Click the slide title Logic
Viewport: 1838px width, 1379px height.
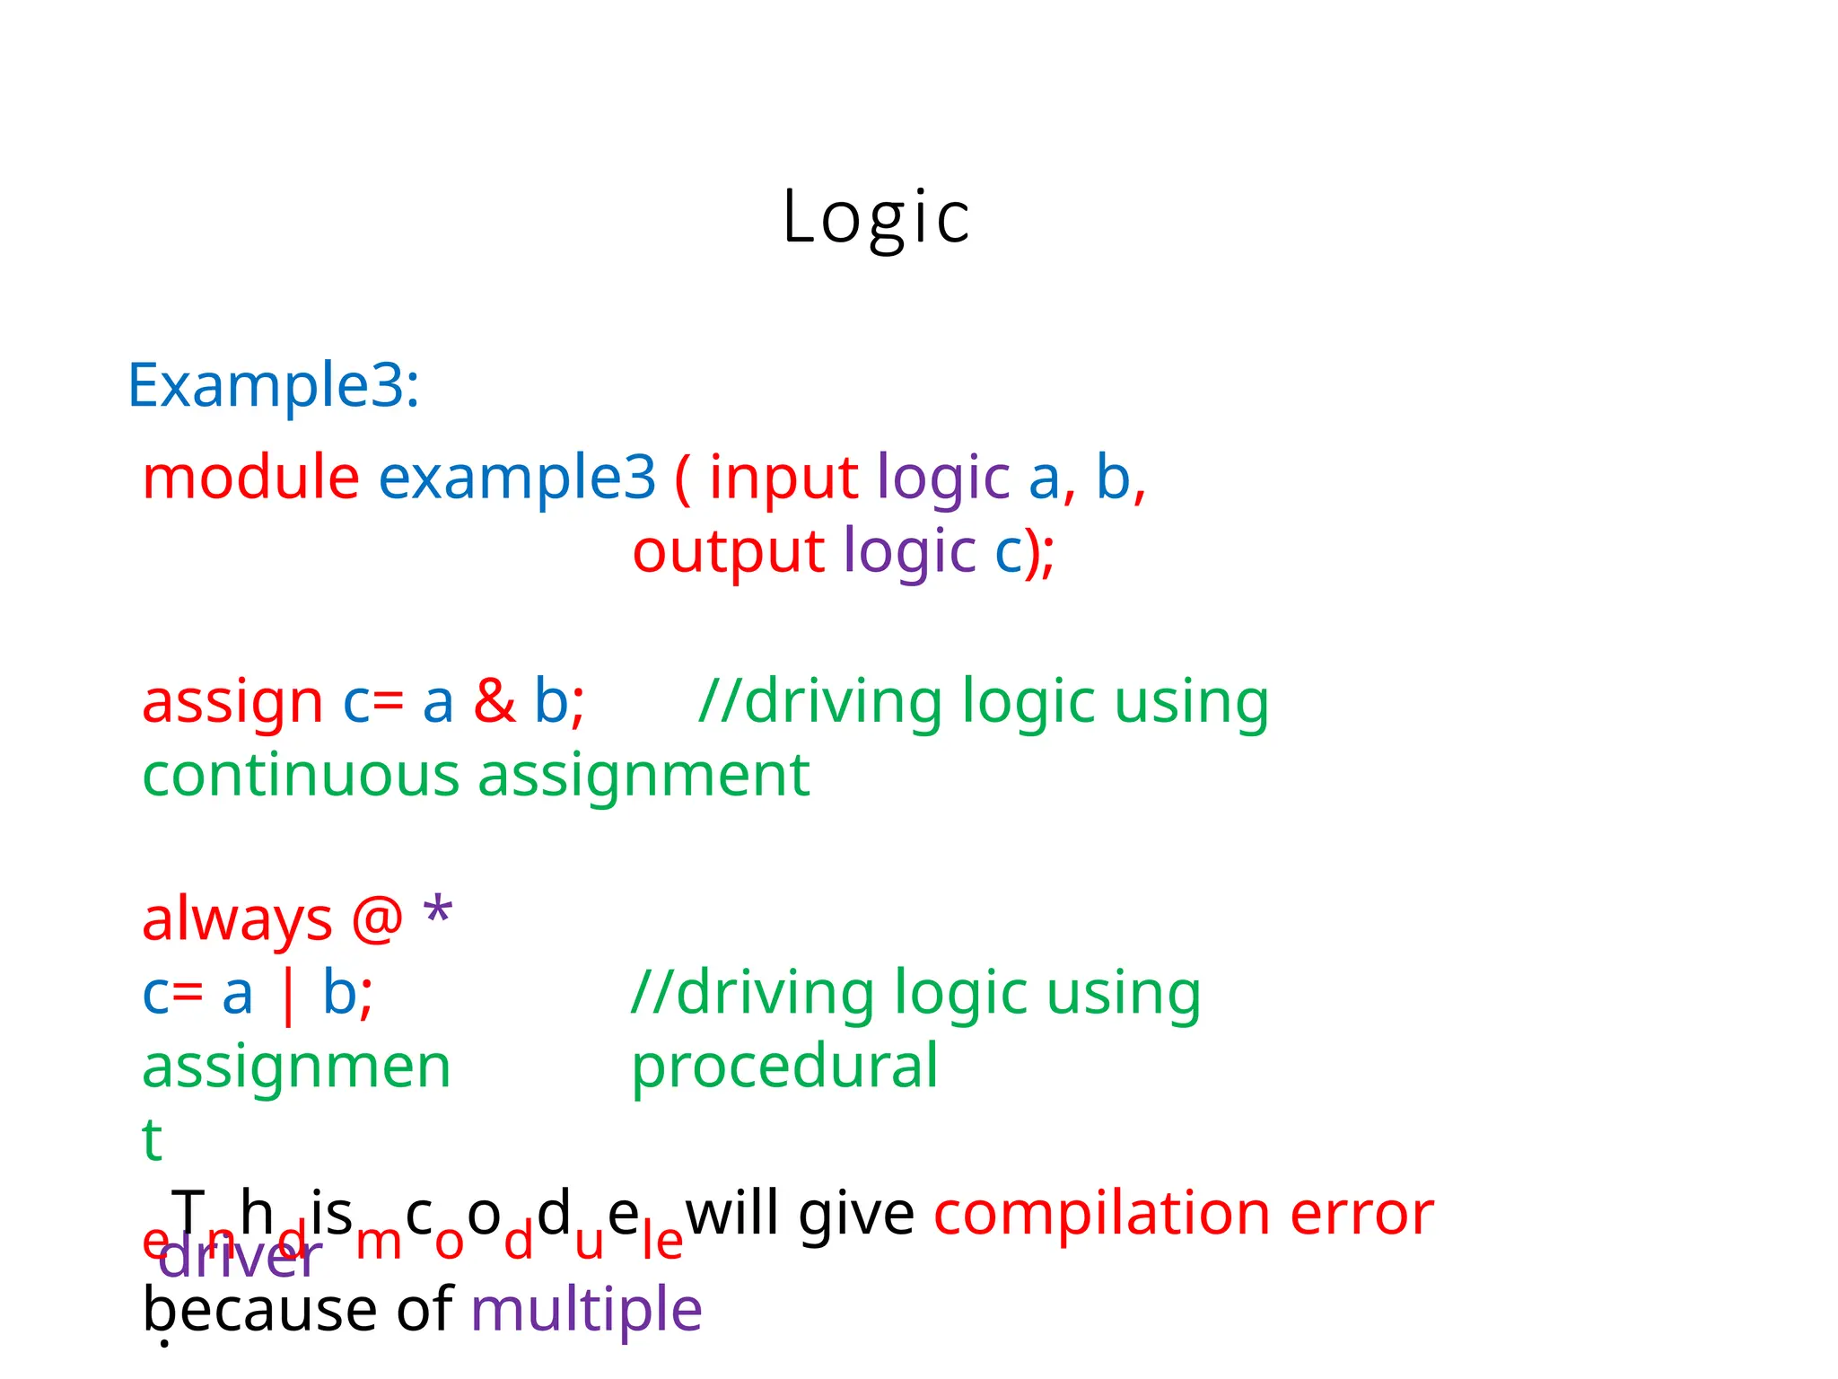[876, 218]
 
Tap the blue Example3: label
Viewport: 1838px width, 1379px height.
[274, 386]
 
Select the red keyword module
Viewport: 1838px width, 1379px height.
[250, 478]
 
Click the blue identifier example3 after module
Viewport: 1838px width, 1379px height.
[517, 478]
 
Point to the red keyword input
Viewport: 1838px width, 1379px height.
[783, 478]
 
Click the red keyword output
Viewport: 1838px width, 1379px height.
[728, 551]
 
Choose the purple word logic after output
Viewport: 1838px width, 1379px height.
[909, 551]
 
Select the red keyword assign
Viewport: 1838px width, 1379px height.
[232, 702]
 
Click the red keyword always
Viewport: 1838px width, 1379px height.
[237, 921]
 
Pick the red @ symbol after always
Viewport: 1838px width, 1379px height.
[377, 919]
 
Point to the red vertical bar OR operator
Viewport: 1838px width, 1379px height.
[287, 996]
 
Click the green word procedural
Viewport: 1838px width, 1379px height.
[784, 1067]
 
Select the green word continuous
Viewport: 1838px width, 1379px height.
[301, 776]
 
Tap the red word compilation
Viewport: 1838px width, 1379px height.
[1100, 1215]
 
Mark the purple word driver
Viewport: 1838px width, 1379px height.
[240, 1259]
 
